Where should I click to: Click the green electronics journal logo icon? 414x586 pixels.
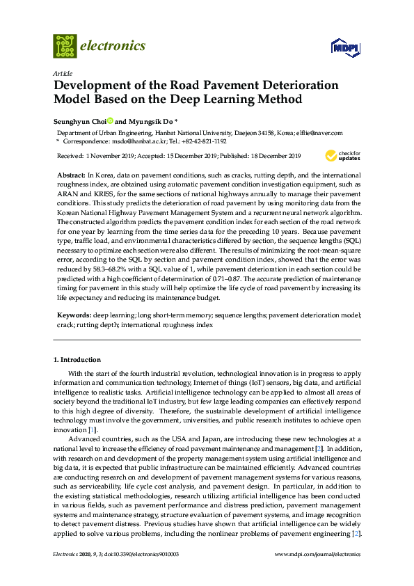coord(65,46)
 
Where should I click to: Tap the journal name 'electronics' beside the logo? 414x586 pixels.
coord(113,46)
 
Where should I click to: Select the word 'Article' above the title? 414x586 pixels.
coord(61,73)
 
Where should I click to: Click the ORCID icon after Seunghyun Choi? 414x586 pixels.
coord(109,120)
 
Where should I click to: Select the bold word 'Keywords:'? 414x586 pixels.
coord(72,315)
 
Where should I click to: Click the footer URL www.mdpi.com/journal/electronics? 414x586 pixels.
coord(318,555)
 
